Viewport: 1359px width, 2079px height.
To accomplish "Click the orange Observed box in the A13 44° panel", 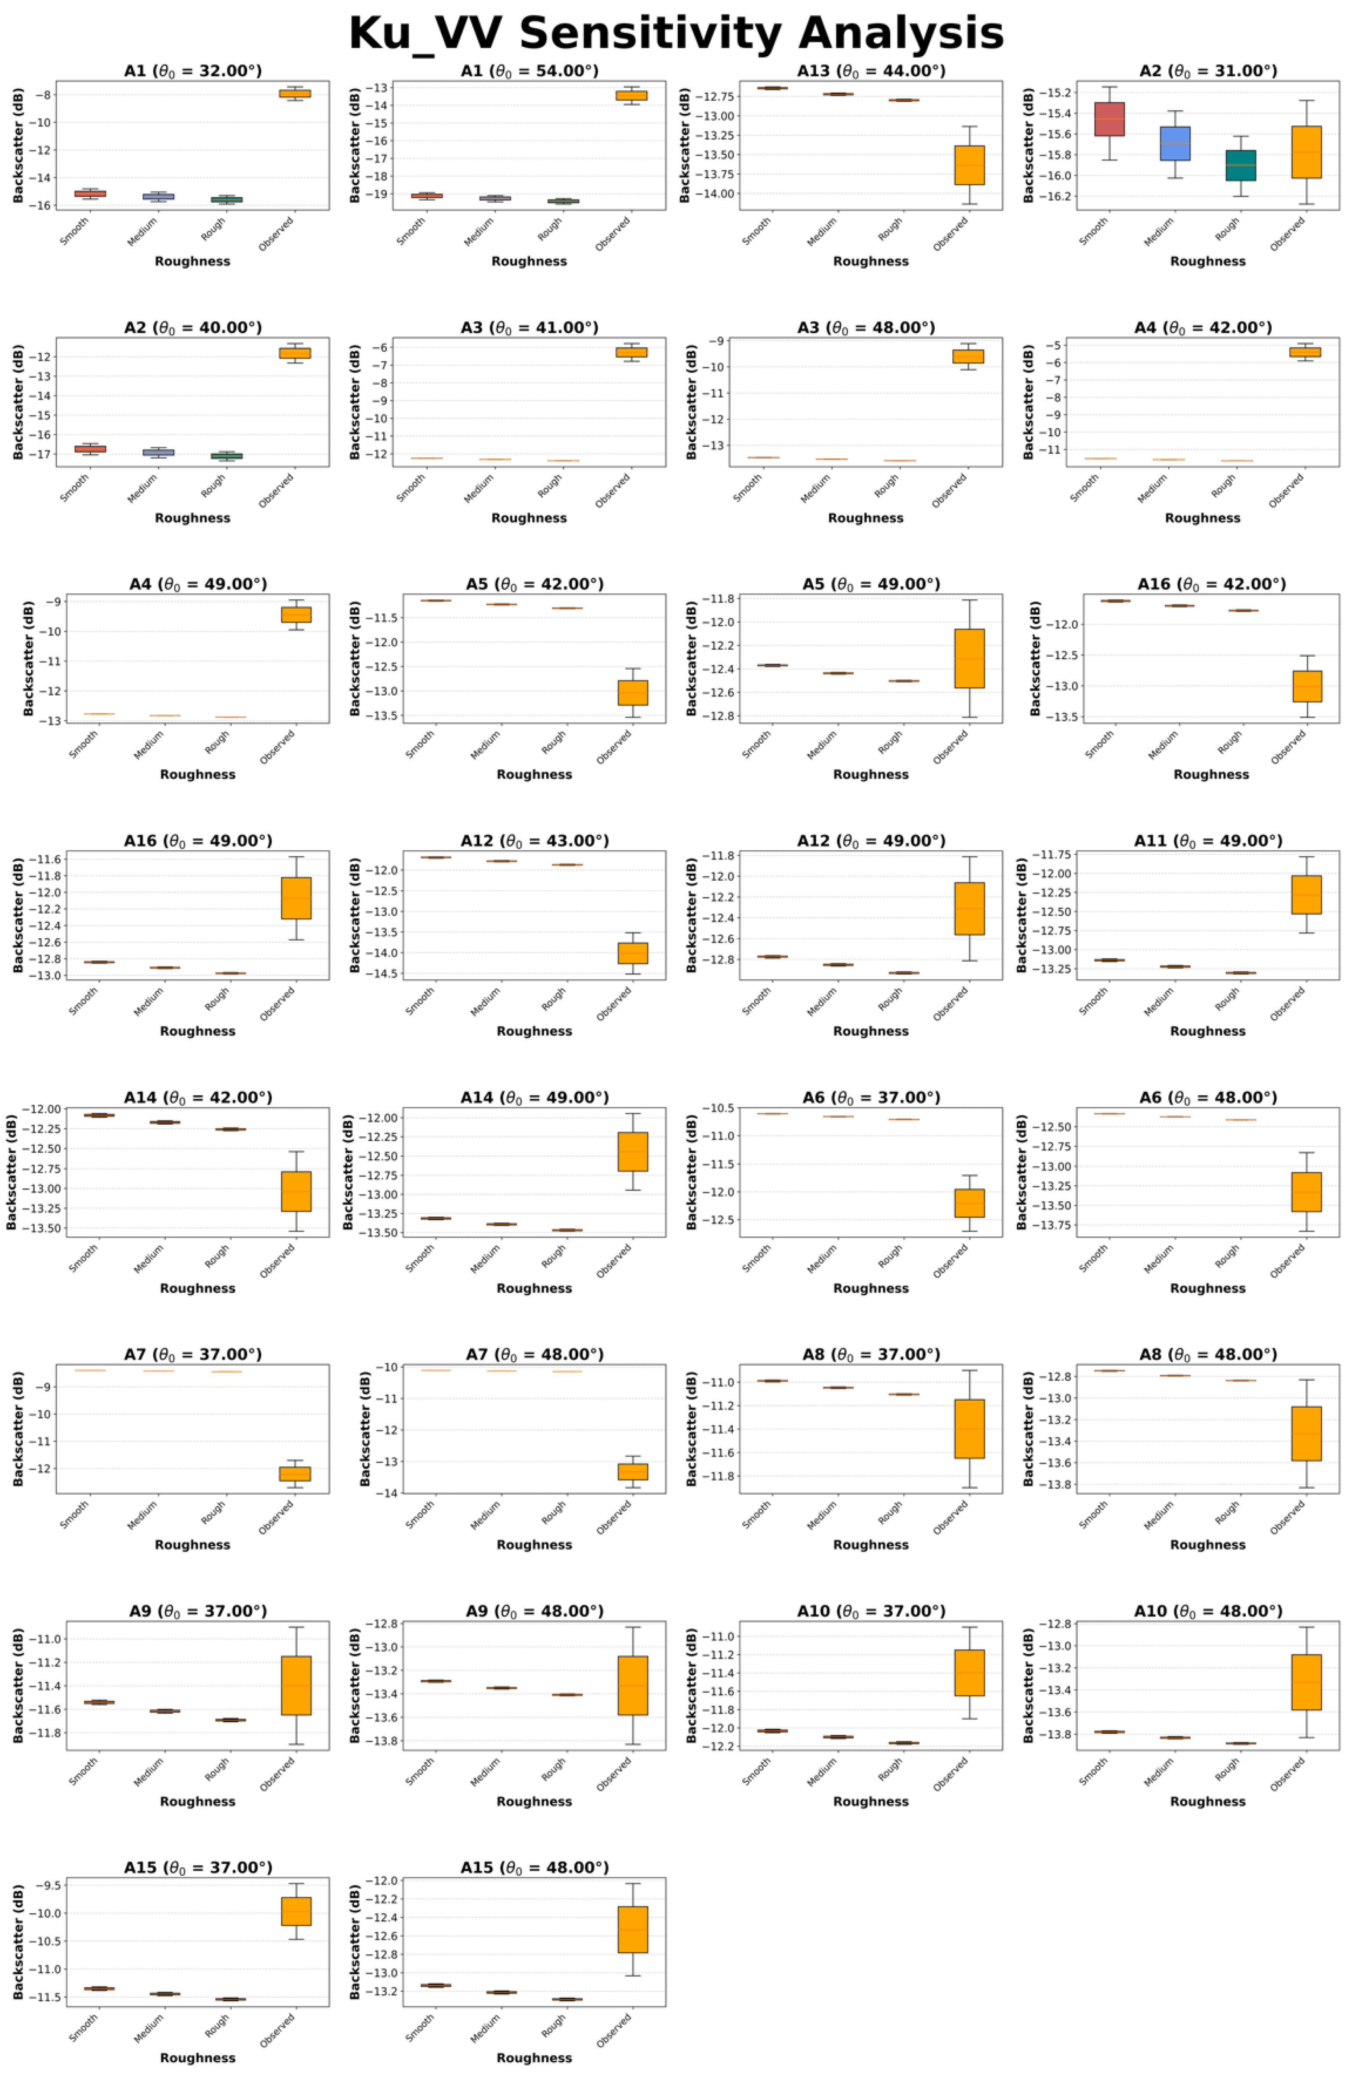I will pos(969,165).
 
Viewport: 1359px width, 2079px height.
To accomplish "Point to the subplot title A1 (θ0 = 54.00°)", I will pos(529,71).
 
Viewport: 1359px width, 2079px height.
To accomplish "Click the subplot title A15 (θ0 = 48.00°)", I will pos(535,1867).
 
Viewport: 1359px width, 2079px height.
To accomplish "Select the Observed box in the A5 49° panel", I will pos(969,659).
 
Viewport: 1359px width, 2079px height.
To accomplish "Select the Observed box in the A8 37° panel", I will pos(969,1429).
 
